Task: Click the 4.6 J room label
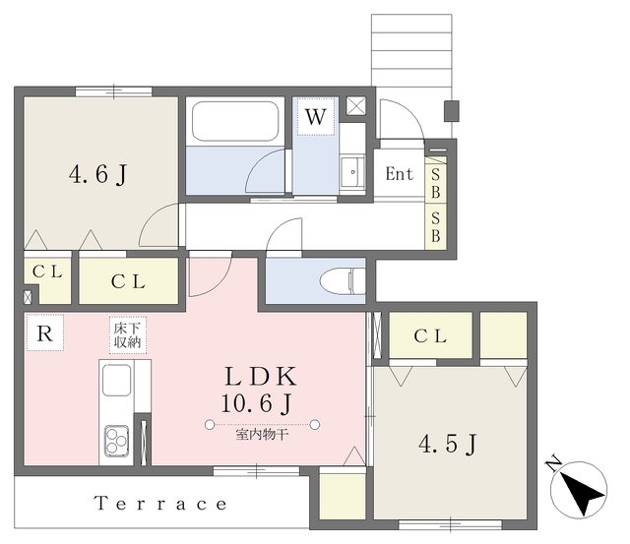point(98,175)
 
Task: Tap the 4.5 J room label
point(448,445)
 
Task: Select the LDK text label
point(261,377)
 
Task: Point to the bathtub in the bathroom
point(235,121)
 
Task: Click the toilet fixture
point(343,280)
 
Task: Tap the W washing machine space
point(315,116)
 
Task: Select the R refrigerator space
point(44,332)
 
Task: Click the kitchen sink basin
point(116,380)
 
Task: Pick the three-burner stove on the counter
point(116,441)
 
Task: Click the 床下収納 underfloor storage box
point(128,335)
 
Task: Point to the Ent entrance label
point(399,174)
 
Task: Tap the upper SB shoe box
point(435,180)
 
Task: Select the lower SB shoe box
point(435,226)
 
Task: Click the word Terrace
point(160,504)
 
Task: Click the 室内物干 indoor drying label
point(262,435)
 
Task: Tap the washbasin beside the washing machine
point(352,172)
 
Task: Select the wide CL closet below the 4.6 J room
point(129,280)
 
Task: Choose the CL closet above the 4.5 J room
point(430,335)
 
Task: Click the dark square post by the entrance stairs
point(452,111)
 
